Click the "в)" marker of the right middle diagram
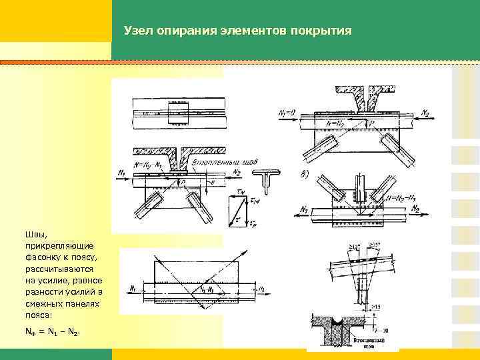pos(305,174)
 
